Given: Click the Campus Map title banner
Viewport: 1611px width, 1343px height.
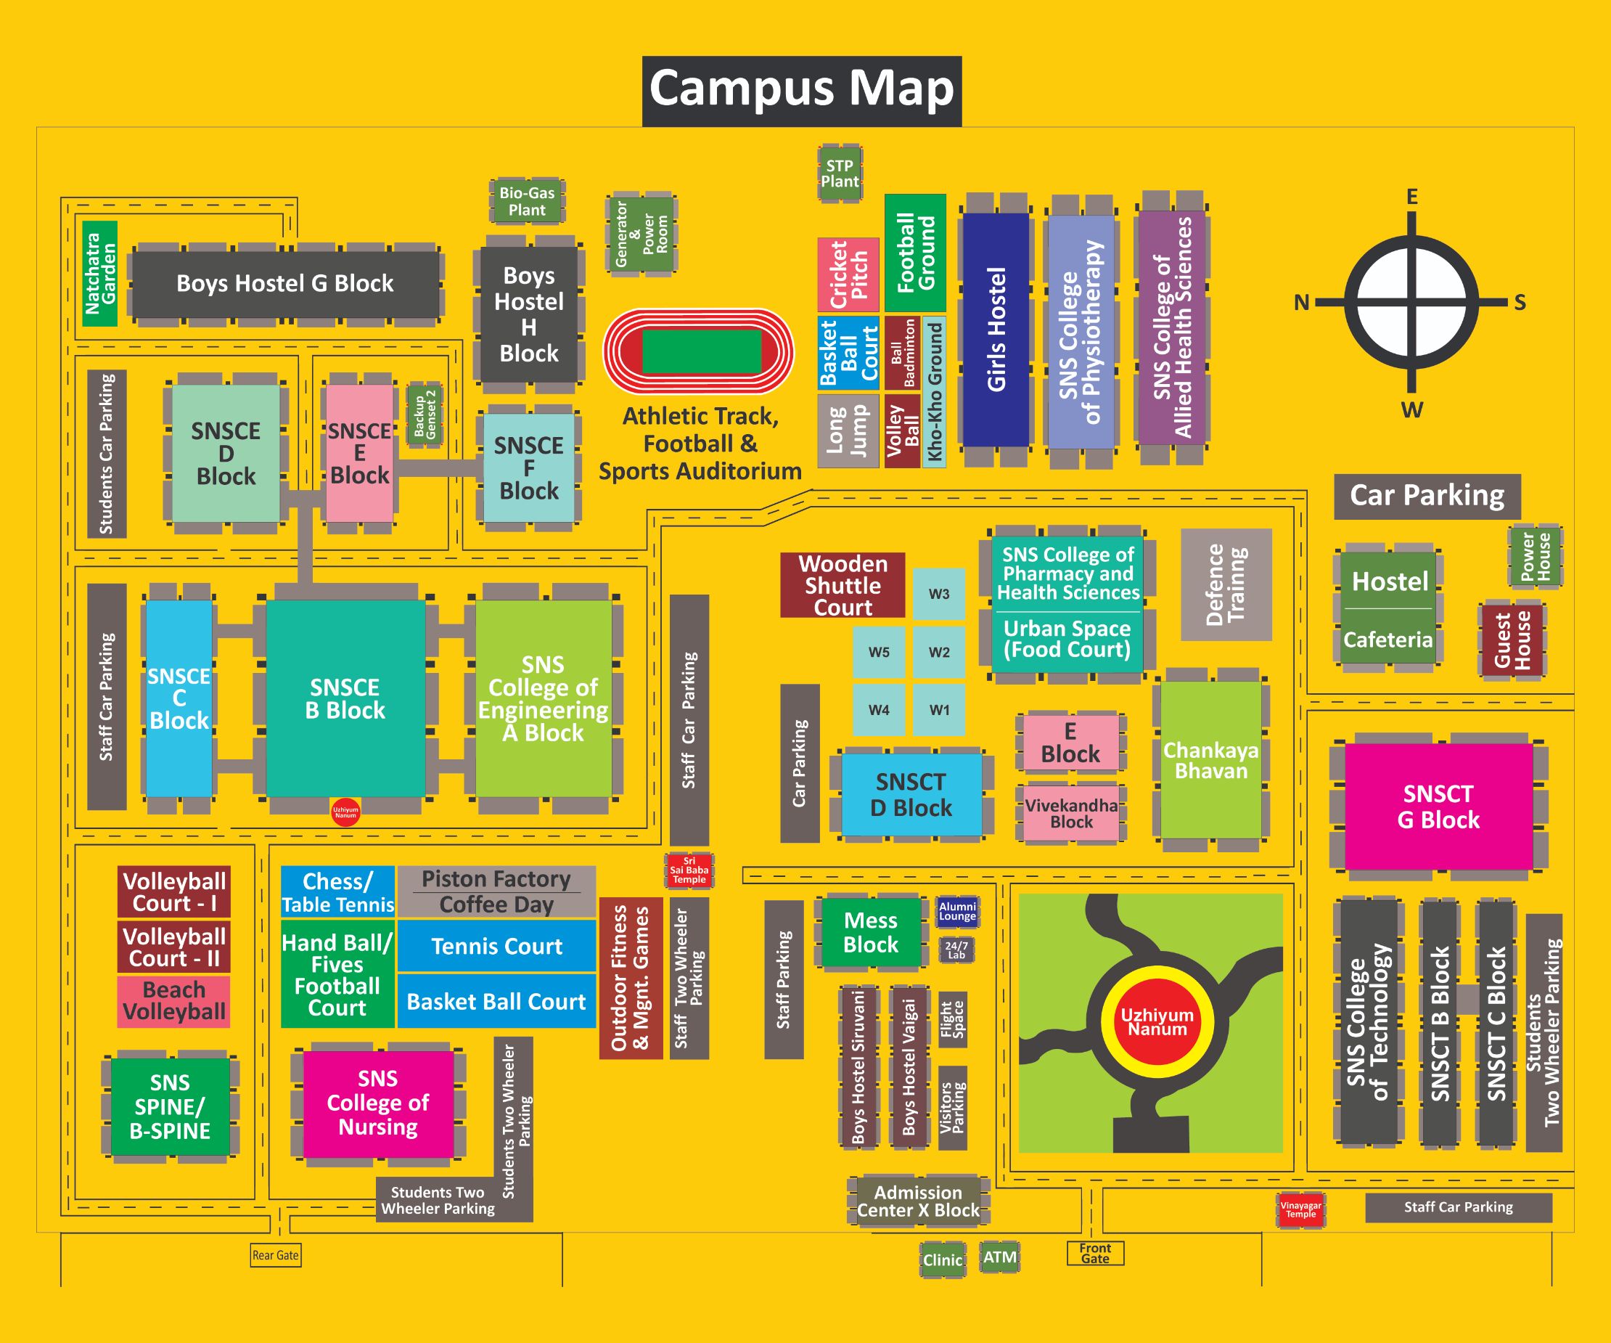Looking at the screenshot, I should (x=802, y=91).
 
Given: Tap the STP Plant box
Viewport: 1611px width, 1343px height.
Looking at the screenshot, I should (x=840, y=174).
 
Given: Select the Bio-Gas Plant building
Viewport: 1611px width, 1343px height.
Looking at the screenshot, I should (x=527, y=201).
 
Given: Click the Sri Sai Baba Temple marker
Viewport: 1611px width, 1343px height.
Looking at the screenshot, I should (x=688, y=870).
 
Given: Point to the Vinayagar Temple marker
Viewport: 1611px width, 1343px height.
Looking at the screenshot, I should (x=1300, y=1210).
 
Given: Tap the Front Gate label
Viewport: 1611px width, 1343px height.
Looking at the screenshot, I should (x=1095, y=1253).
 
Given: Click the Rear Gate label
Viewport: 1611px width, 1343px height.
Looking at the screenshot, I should (x=276, y=1255).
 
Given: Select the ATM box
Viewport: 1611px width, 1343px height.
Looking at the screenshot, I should (x=999, y=1257).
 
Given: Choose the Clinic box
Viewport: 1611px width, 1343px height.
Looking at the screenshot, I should (x=942, y=1260).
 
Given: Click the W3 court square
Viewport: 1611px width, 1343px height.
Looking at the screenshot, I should (x=939, y=593).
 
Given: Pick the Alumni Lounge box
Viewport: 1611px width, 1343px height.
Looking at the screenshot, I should (x=957, y=911).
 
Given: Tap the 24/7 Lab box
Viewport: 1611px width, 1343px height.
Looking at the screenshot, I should (x=956, y=950).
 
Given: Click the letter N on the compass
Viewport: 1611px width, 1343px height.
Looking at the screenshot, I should (x=1302, y=303).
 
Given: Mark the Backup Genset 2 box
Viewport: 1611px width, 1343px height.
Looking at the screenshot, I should (x=425, y=415).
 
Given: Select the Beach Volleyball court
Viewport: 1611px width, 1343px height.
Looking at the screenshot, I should (x=174, y=1001).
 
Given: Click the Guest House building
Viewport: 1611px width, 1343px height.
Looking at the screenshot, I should (x=1512, y=640).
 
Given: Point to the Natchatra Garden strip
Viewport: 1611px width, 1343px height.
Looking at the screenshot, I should (x=99, y=273).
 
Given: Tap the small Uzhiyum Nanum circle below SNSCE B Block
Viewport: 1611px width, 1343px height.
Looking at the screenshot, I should (x=345, y=812).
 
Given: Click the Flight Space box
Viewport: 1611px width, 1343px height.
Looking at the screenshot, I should (x=952, y=1019).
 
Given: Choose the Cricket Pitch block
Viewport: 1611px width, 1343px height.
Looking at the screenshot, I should (x=848, y=274).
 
